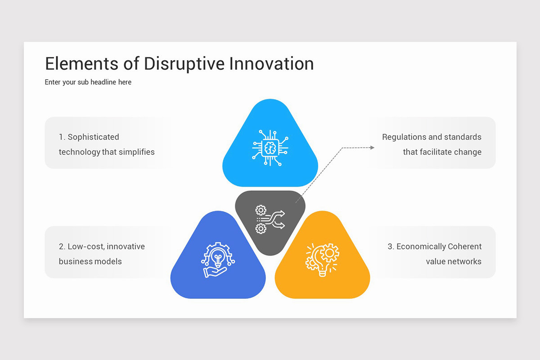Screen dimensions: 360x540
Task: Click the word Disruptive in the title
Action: click(184, 64)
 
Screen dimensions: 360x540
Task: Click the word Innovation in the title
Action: click(271, 64)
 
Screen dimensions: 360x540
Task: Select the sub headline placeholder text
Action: click(88, 82)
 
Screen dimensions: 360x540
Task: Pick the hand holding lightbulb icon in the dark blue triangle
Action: click(218, 260)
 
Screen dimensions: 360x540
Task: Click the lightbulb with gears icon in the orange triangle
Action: click(322, 260)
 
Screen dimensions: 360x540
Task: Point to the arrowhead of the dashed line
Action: click(372, 147)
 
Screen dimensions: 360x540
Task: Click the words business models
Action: click(90, 261)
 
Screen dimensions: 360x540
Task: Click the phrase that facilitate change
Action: click(442, 152)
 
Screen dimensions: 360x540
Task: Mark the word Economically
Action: click(420, 247)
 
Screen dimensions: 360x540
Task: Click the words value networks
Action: click(454, 261)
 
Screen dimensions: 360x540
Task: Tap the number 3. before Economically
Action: click(391, 247)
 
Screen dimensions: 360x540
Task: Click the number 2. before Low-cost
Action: click(62, 247)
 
